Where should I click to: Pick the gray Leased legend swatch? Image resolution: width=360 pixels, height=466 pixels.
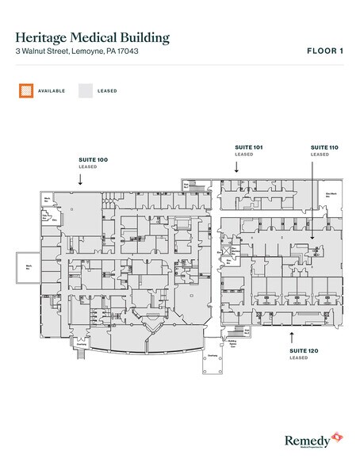point(83,90)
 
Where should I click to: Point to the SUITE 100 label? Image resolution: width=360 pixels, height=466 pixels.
point(93,160)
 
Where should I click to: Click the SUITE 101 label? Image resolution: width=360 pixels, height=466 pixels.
point(247,147)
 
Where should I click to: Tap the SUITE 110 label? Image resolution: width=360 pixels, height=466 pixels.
point(324,147)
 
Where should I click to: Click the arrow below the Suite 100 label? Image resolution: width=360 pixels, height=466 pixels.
point(80,179)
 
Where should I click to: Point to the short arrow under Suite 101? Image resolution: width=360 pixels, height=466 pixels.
point(236,167)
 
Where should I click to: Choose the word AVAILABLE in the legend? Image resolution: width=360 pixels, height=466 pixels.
point(52,91)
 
